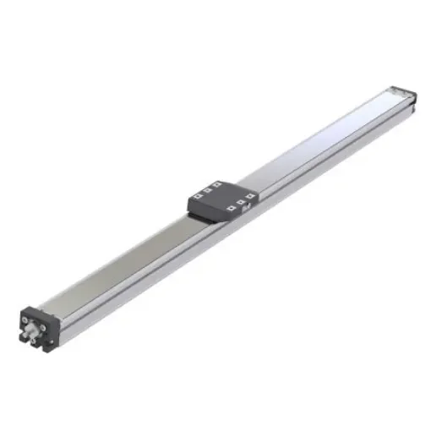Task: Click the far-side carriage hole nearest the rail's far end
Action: pos(217,183)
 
